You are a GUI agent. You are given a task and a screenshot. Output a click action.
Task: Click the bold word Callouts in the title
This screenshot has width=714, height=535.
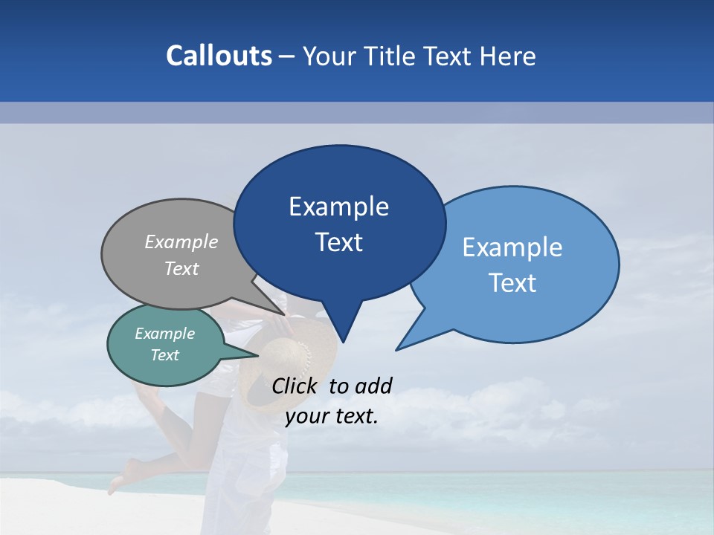pos(219,56)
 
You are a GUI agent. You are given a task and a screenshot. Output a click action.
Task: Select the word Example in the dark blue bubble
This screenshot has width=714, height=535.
pos(338,207)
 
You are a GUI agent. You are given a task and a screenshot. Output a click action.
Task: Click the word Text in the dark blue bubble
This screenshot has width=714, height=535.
pos(338,242)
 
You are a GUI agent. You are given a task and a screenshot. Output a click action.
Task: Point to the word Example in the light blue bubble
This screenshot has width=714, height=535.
pos(512,247)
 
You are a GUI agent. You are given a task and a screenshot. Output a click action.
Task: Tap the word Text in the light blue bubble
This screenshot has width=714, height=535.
pos(512,283)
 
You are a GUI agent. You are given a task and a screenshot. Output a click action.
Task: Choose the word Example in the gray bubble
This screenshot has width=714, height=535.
pos(181,242)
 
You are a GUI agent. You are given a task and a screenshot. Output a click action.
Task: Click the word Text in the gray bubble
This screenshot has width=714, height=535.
pos(181,269)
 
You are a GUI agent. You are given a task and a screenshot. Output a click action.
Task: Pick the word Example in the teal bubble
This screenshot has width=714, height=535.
pos(164,334)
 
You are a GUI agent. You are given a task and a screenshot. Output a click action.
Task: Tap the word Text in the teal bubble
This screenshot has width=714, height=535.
pos(164,355)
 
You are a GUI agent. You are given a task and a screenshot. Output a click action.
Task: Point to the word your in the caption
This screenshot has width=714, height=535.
pos(306,416)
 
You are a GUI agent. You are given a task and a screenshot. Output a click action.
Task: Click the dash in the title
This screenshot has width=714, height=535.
pos(287,56)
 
